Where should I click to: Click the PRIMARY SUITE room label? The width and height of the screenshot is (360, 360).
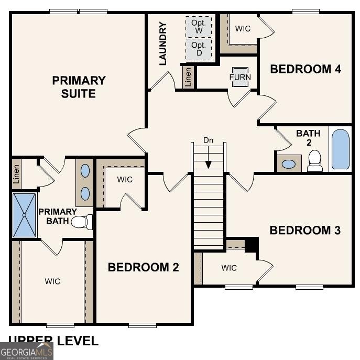pyautogui.click(x=79, y=87)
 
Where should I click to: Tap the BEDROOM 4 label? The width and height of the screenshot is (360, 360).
pyautogui.click(x=306, y=69)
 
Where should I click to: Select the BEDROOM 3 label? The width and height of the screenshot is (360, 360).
pyautogui.click(x=305, y=230)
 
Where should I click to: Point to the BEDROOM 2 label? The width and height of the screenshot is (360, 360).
pyautogui.click(x=143, y=267)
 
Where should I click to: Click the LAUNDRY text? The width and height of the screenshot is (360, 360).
pyautogui.click(x=162, y=43)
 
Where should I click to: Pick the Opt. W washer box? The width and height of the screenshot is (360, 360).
pyautogui.click(x=199, y=27)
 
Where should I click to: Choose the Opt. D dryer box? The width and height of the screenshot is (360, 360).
pyautogui.click(x=199, y=49)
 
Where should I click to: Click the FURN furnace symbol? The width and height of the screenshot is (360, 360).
pyautogui.click(x=240, y=77)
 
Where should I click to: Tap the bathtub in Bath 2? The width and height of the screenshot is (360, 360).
pyautogui.click(x=340, y=149)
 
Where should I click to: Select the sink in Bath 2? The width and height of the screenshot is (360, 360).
pyautogui.click(x=289, y=163)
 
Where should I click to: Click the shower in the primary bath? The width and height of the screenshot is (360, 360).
pyautogui.click(x=24, y=215)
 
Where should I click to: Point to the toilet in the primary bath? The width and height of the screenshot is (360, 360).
pyautogui.click(x=81, y=222)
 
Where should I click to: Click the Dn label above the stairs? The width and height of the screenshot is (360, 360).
pyautogui.click(x=209, y=140)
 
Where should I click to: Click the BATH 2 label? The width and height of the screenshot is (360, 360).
pyautogui.click(x=308, y=138)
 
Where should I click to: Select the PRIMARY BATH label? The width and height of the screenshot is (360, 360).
pyautogui.click(x=58, y=216)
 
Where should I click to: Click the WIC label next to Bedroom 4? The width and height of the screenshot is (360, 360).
pyautogui.click(x=243, y=28)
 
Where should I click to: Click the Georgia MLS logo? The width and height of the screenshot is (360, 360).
pyautogui.click(x=27, y=351)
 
